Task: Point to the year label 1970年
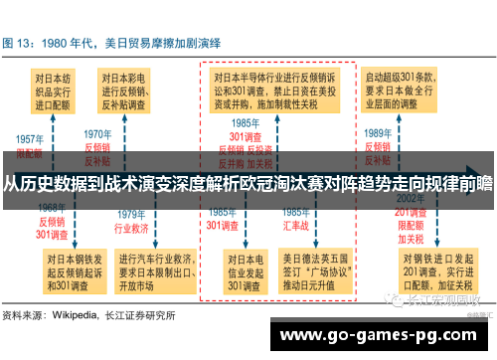click(x=97, y=133)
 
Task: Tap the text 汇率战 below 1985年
click(x=295, y=225)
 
